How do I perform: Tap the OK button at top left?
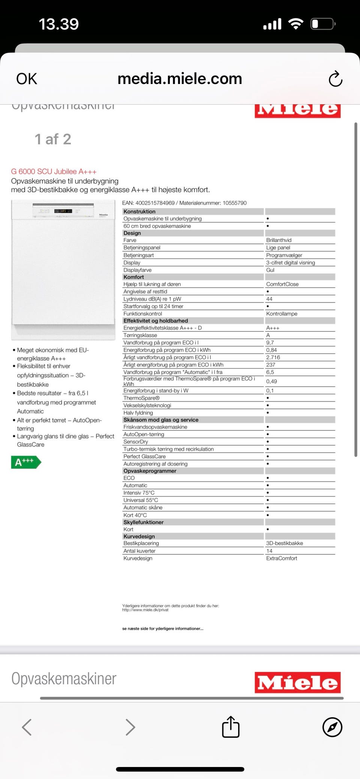[27, 79]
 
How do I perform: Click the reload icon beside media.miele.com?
[335, 79]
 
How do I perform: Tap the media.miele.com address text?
[180, 79]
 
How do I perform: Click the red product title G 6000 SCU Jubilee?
[54, 172]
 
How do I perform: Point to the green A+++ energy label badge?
[25, 462]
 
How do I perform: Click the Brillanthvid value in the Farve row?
[279, 240]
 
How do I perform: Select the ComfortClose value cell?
[282, 284]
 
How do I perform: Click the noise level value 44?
[269, 299]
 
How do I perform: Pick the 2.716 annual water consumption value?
[273, 357]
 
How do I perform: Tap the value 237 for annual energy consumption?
[271, 365]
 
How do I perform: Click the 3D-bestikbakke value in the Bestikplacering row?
[285, 543]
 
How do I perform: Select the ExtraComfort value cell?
[282, 558]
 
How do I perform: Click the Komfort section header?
[134, 277]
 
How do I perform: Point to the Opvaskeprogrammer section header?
[150, 471]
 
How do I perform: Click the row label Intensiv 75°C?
[139, 493]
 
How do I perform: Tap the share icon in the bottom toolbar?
[231, 727]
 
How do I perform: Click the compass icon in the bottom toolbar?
[332, 727]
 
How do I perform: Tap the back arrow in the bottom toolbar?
[27, 727]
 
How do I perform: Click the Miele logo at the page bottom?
[298, 682]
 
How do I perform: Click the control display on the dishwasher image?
[63, 211]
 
